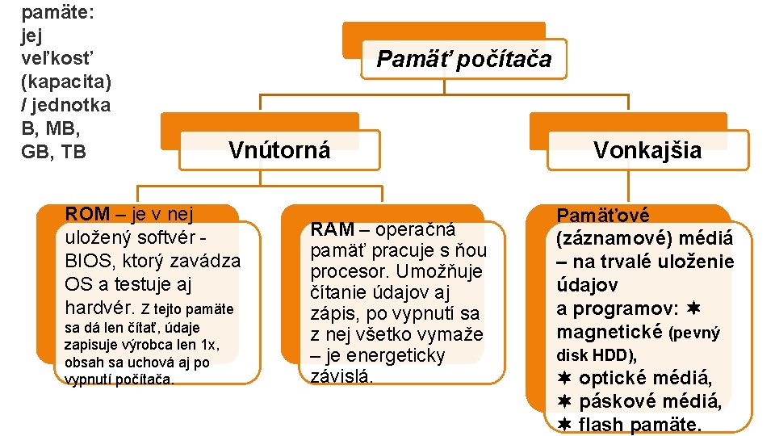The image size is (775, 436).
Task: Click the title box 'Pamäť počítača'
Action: click(463, 59)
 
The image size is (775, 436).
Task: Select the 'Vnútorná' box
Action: click(279, 150)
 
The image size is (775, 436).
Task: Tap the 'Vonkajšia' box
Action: click(647, 150)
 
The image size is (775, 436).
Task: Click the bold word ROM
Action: click(87, 214)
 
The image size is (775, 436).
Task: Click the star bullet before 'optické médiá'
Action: click(564, 378)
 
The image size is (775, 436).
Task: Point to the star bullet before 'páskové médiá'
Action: click(564, 401)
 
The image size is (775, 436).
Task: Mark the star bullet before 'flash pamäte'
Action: click(564, 425)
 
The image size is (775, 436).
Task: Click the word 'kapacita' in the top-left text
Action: click(69, 82)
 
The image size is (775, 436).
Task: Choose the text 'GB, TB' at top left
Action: click(53, 152)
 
